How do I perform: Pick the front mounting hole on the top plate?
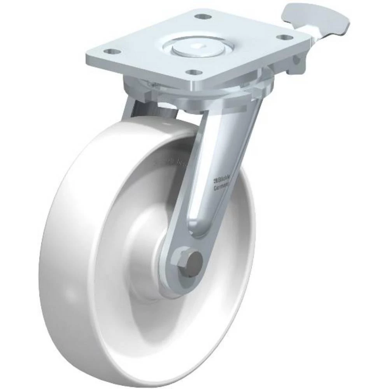pos(193,72)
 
